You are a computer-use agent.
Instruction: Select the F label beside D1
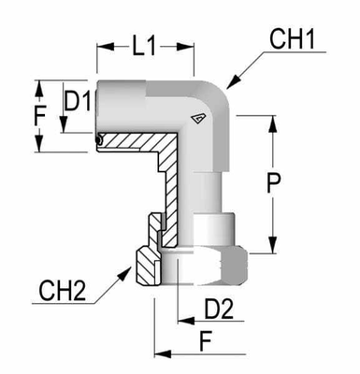[38, 118]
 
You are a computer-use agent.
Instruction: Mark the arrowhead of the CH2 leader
[128, 266]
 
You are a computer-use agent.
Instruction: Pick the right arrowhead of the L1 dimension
[194, 45]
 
